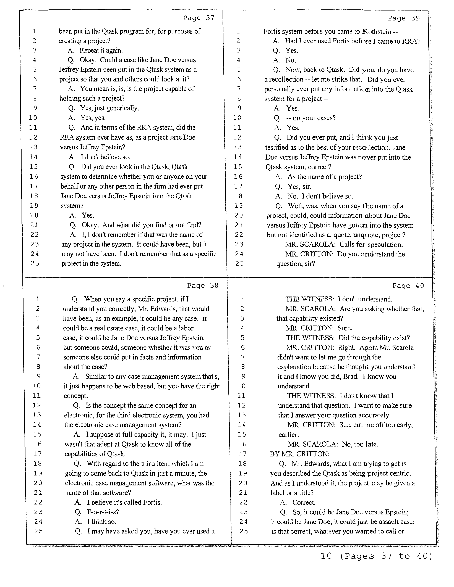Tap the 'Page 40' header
pos(408,286)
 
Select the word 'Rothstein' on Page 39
pos(377,31)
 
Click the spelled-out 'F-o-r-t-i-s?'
pos(103,512)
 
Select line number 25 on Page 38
pos(38,531)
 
